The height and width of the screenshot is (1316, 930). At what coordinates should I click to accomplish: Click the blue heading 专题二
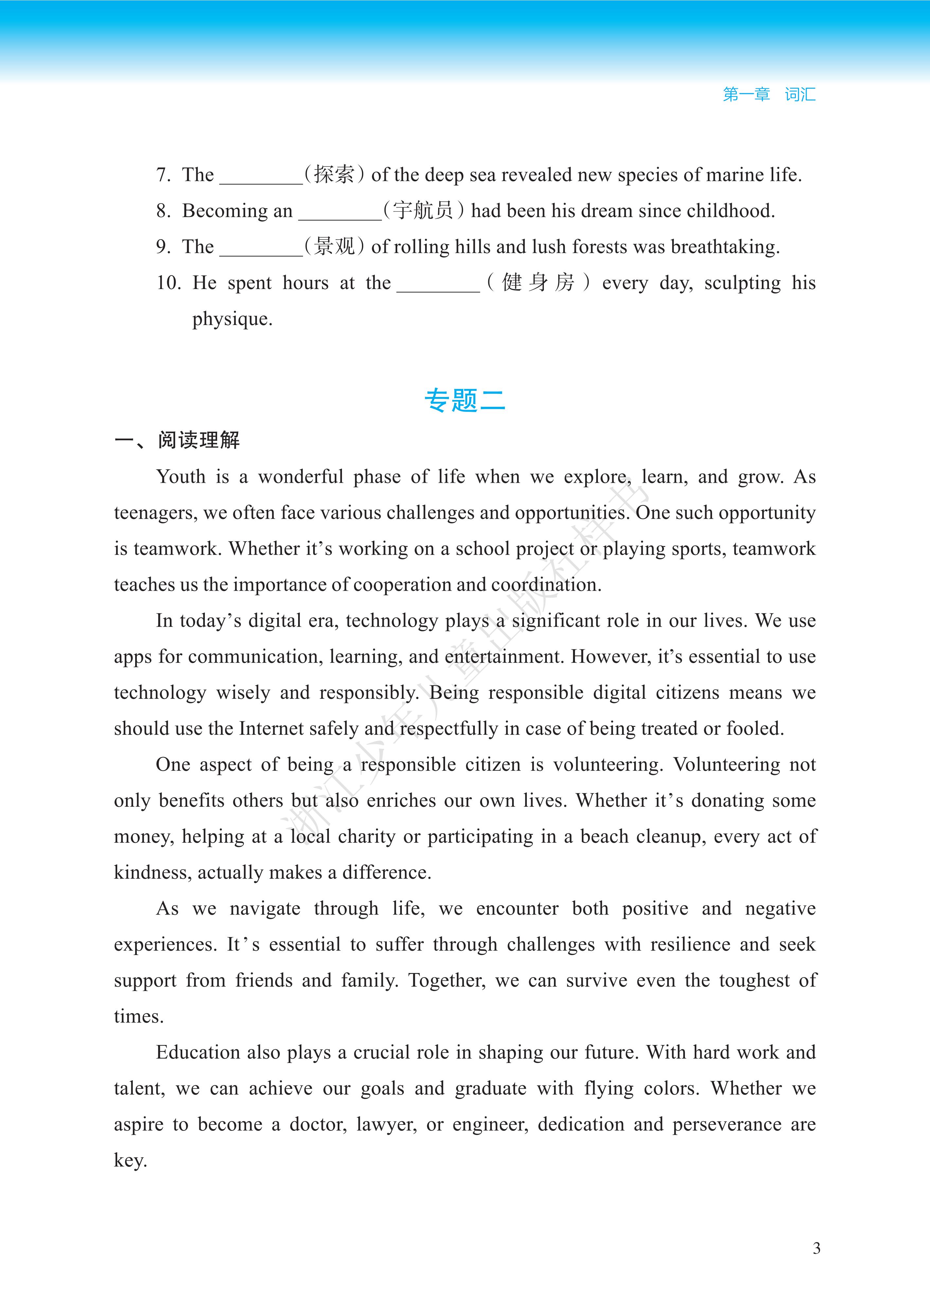tap(465, 400)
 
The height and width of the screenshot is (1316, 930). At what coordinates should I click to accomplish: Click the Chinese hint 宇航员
tap(423, 210)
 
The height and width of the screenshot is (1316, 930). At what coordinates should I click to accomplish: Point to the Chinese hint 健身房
tap(538, 282)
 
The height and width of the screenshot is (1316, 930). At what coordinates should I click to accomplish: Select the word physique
tap(232, 319)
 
